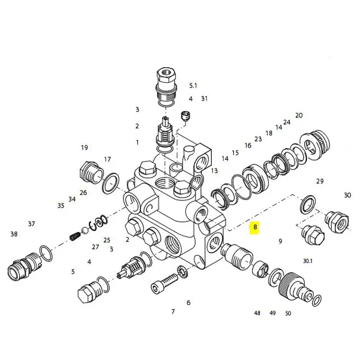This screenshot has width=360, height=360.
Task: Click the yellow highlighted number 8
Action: tap(256, 227)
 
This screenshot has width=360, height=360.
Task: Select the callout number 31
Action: tap(204, 98)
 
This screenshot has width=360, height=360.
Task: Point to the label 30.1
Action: tap(307, 261)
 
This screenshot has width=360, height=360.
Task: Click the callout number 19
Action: tap(85, 148)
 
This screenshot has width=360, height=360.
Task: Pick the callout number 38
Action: tap(14, 234)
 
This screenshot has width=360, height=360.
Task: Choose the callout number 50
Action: tap(288, 313)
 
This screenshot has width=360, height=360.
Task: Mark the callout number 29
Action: tap(320, 181)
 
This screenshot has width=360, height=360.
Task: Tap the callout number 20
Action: tap(299, 115)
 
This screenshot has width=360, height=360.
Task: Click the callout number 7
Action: tap(173, 311)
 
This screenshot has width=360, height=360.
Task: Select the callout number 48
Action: tap(257, 313)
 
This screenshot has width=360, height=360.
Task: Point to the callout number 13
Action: tap(214, 171)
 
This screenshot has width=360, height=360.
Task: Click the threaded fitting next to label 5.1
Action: tap(166, 84)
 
